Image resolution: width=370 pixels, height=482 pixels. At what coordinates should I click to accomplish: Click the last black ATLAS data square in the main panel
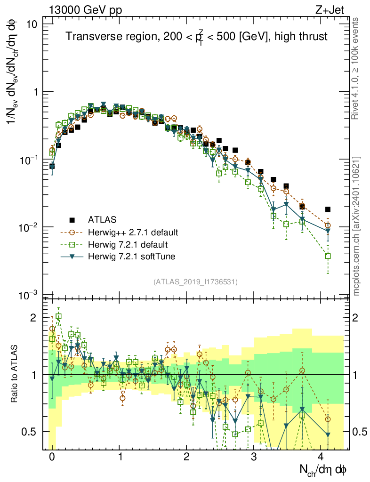[x=328, y=209]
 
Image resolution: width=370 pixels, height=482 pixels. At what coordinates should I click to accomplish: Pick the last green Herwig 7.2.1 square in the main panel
[x=328, y=256]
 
